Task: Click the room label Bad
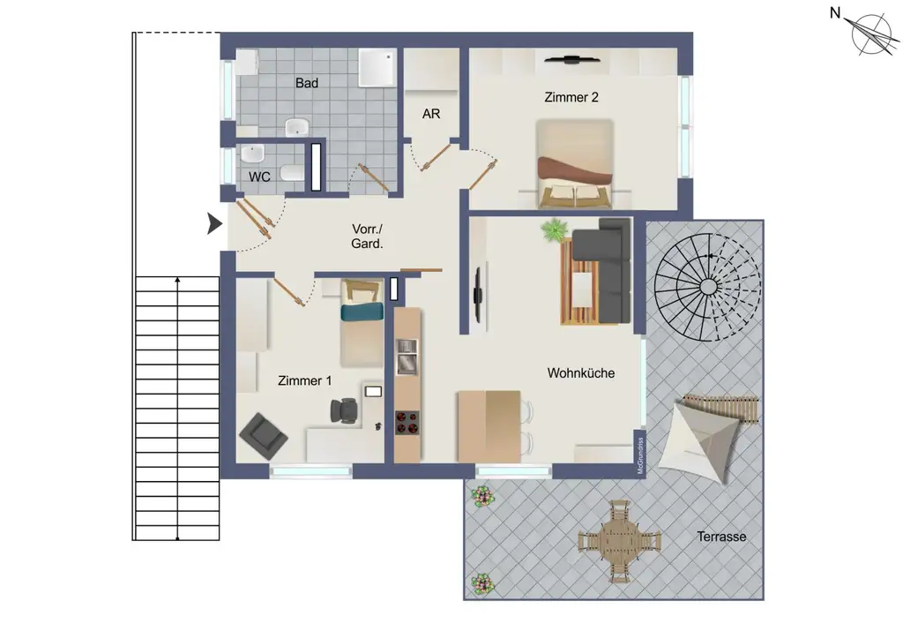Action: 307,83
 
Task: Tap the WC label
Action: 258,177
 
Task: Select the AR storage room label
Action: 431,114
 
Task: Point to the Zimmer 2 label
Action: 571,97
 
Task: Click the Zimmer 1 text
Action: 304,380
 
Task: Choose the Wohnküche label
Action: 581,373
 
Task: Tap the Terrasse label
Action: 721,536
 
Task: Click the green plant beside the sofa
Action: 554,230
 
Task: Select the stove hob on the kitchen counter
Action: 407,423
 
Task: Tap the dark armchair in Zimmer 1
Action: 263,432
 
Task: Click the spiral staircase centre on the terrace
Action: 707,286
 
